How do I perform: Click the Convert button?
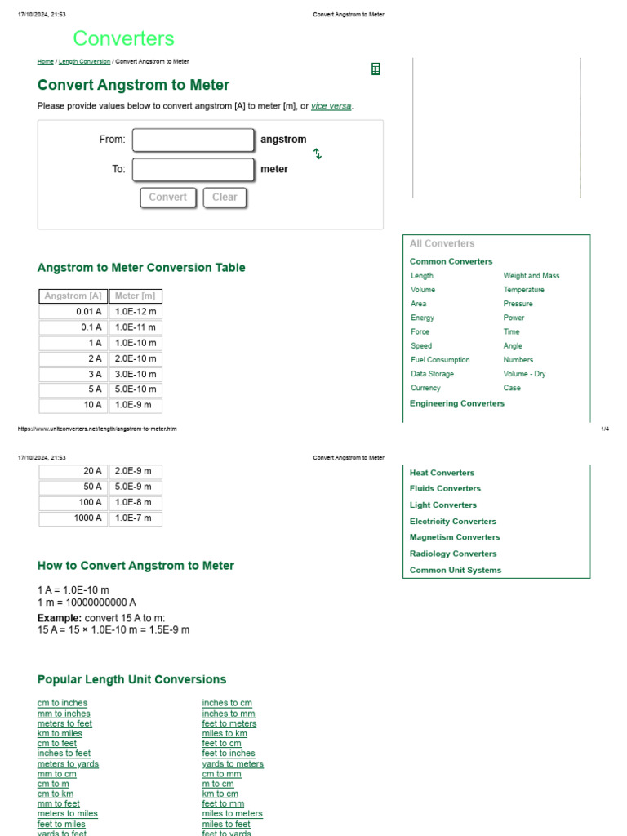167,197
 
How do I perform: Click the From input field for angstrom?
193,140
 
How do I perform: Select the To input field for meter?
193,169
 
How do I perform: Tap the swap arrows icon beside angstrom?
318,153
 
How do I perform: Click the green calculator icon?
376,69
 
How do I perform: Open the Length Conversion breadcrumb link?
84,61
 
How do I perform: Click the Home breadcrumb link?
45,61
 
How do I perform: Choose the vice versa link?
331,106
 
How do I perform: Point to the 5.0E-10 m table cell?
135,389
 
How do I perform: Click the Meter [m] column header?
135,296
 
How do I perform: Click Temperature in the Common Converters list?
523,290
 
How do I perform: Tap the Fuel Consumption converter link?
440,360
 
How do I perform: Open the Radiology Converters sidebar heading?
453,554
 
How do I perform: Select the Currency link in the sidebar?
425,388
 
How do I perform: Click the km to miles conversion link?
60,733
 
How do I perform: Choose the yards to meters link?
233,764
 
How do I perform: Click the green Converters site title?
123,38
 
